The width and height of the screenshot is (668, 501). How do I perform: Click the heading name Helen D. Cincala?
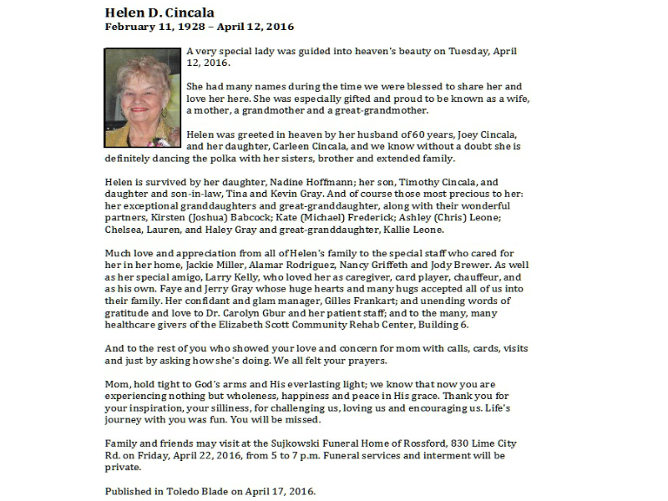pyautogui.click(x=159, y=13)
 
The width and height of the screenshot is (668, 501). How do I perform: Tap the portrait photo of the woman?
pyautogui.click(x=142, y=98)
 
